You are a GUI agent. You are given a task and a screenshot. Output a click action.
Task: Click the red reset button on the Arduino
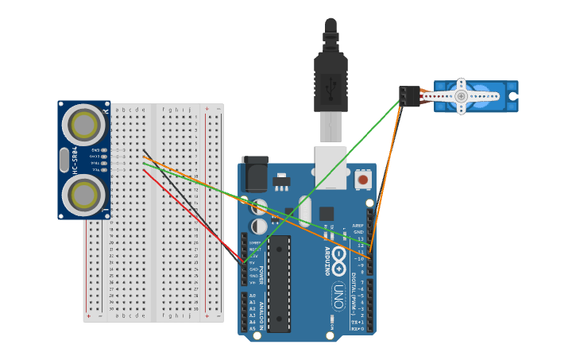click(363, 180)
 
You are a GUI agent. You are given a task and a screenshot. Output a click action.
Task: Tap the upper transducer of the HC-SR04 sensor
click(83, 124)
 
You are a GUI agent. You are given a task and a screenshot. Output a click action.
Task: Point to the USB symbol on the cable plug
click(331, 83)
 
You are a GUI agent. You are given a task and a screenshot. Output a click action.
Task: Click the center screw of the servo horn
click(461, 96)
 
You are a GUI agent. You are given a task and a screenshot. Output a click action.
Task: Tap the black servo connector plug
click(408, 96)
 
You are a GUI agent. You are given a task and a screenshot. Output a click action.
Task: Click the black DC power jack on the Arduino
click(254, 175)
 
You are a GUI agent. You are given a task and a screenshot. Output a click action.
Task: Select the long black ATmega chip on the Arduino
click(279, 283)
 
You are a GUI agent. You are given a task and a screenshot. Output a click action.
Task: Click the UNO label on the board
click(337, 296)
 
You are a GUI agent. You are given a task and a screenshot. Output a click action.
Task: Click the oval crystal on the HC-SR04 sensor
click(64, 159)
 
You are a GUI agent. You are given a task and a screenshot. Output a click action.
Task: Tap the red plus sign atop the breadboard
click(207, 109)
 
